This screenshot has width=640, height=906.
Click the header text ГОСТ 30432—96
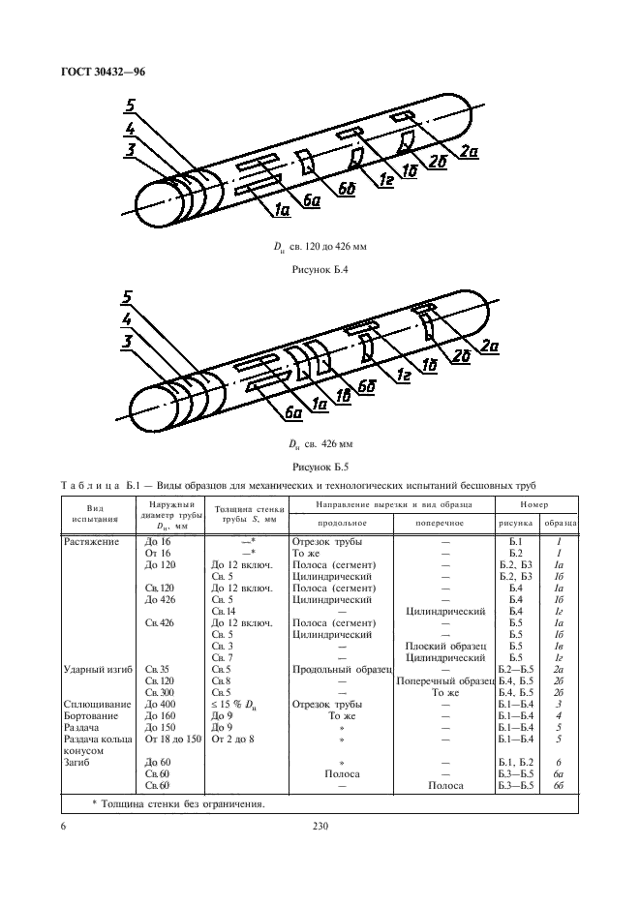click(x=105, y=71)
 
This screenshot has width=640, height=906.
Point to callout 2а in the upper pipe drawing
click(x=470, y=151)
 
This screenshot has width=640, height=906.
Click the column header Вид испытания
click(x=95, y=512)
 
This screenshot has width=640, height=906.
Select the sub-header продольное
click(x=339, y=521)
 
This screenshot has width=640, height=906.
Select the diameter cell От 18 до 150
click(x=171, y=739)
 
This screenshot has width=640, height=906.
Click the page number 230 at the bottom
click(x=320, y=826)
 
